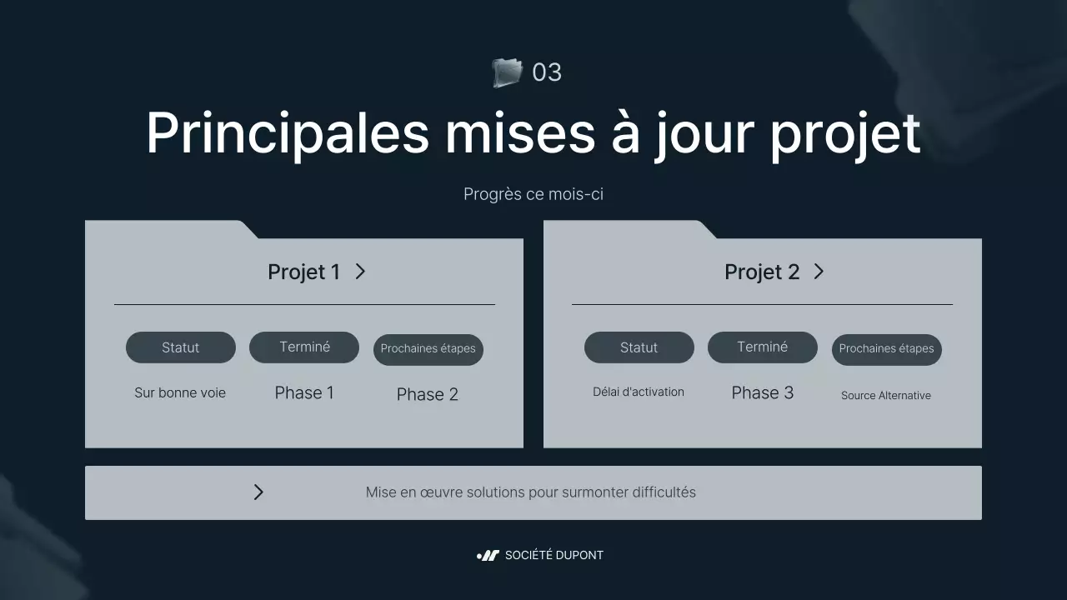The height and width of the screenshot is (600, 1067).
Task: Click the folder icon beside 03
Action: coord(506,72)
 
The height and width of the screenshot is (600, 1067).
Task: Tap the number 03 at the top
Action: coord(547,72)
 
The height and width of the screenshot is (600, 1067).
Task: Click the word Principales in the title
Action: coord(287,133)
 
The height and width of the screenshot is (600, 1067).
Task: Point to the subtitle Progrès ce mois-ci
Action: coord(533,194)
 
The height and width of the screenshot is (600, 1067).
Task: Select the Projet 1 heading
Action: coord(303,272)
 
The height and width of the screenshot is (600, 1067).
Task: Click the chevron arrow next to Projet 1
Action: coord(360,272)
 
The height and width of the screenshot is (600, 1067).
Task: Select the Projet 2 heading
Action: coord(761,272)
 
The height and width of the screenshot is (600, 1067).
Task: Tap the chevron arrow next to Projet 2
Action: coord(819,272)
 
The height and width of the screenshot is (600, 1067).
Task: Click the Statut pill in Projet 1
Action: coord(181,347)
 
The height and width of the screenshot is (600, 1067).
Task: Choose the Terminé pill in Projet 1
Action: coord(304,347)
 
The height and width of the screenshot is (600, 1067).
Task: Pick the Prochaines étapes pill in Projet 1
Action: coord(428,349)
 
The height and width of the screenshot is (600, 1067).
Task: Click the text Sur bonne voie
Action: coord(180,392)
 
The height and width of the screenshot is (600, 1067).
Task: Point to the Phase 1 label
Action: coord(304,393)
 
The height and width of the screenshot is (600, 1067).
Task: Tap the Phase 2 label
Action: coord(428,395)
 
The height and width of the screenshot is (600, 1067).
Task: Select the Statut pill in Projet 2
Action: coord(639,347)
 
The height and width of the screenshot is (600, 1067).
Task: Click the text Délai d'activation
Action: coord(639,392)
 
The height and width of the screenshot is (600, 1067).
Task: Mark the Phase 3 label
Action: coord(762,393)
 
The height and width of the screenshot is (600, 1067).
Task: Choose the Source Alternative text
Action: coord(886,396)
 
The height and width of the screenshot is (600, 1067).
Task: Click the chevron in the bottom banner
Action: coord(258,492)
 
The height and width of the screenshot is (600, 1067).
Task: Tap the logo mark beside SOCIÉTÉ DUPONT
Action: coord(488,556)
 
